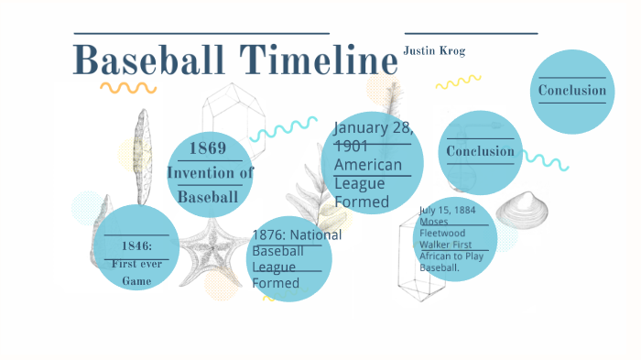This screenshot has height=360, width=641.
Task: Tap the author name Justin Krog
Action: coord(434,51)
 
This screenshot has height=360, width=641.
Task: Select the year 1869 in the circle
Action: coord(209,148)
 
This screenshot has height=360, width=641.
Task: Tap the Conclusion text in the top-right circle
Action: coord(571,91)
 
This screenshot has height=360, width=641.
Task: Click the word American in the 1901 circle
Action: coord(367,165)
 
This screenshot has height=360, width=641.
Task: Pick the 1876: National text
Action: coord(297,235)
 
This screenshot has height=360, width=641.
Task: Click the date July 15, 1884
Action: coord(447,210)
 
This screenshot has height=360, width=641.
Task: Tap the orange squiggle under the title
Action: coord(127,88)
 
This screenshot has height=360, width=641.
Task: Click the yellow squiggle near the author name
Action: coord(458,82)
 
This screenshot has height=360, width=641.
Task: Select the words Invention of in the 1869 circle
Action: coord(210,172)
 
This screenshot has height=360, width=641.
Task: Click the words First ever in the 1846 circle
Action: coord(136,264)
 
